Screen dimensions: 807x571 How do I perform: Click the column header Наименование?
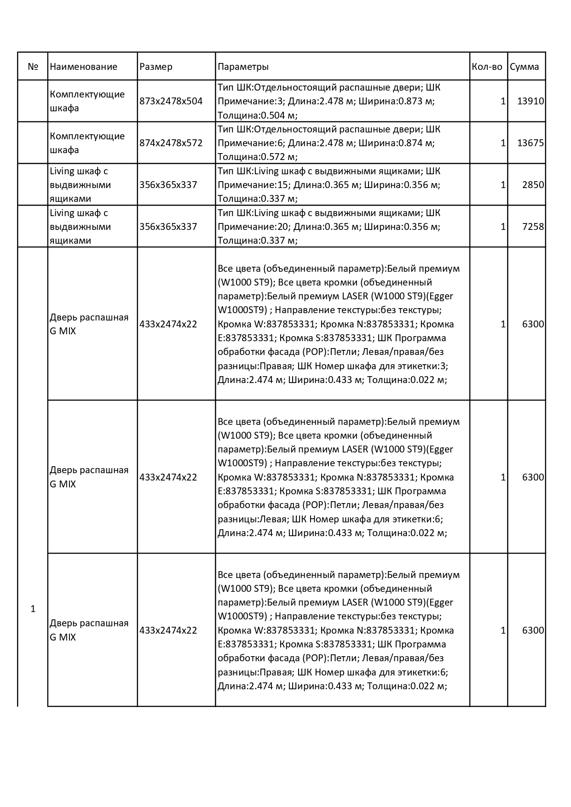83,67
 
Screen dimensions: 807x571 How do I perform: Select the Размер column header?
156,67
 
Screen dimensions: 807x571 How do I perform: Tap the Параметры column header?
243,67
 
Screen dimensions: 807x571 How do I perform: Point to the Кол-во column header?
487,67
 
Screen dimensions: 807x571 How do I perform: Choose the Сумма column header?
524,67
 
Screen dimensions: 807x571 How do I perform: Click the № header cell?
33,67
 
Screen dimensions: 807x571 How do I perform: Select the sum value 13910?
531,101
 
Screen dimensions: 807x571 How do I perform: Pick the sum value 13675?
531,143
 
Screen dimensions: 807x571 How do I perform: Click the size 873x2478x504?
171,101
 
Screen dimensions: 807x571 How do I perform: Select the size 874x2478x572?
171,143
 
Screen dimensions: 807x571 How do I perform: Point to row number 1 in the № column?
33,609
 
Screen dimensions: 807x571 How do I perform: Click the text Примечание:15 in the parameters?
253,185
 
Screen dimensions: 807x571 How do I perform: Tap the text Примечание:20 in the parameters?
253,227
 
